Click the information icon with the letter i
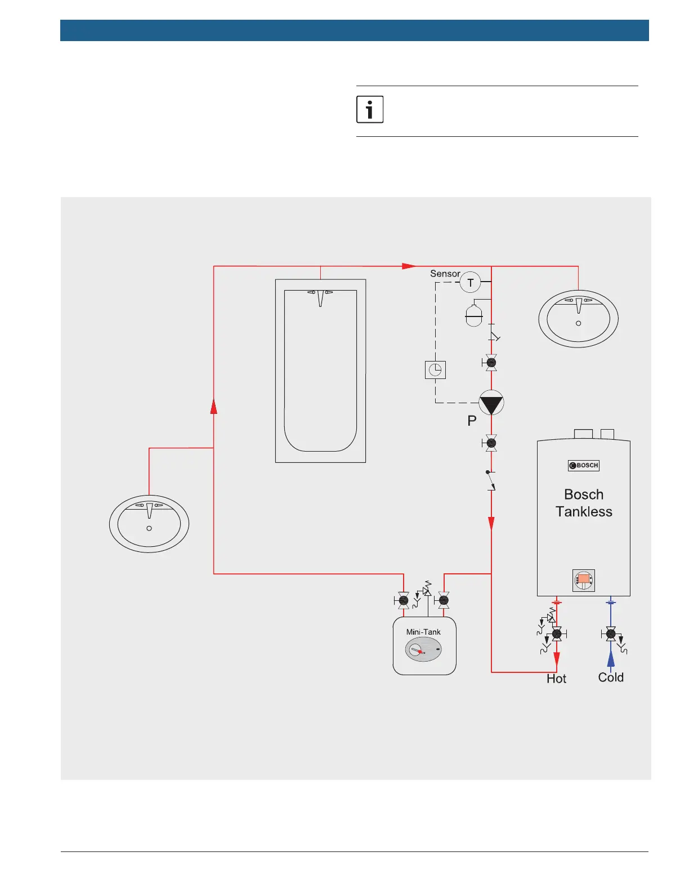click(370, 109)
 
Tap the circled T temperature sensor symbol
click(470, 283)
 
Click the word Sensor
click(445, 274)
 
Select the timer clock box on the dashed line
click(435, 370)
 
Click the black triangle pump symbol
click(491, 403)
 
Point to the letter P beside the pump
click(472, 421)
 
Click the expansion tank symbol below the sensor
click(474, 315)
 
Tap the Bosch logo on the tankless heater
click(584, 465)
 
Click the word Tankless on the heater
click(584, 511)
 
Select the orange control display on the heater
click(584, 579)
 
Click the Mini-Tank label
click(423, 632)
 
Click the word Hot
click(556, 679)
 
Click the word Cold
click(611, 677)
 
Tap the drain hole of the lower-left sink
click(149, 528)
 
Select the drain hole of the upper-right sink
click(578, 323)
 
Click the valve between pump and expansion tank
click(491, 363)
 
